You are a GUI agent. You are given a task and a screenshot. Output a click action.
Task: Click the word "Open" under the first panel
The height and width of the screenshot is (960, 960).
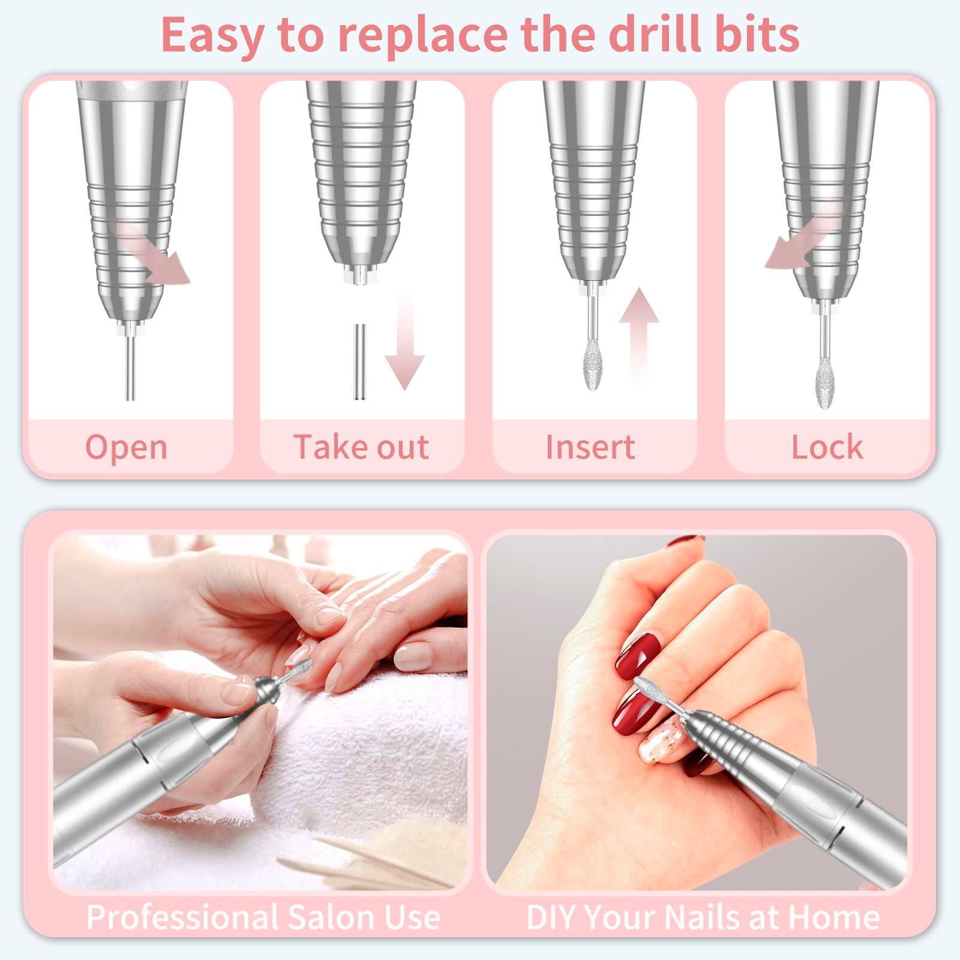[x=126, y=448]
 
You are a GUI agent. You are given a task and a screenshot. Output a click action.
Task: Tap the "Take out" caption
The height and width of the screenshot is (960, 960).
[x=361, y=447]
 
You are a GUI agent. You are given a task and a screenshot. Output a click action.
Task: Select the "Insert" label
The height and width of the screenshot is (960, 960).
[x=590, y=447]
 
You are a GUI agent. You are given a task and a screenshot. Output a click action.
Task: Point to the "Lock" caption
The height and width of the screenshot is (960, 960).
[x=827, y=447]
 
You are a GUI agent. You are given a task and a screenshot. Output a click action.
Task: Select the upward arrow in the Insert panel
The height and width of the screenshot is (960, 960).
[x=639, y=330]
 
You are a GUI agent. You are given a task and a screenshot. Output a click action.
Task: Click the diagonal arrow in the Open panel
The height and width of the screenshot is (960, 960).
[x=153, y=252]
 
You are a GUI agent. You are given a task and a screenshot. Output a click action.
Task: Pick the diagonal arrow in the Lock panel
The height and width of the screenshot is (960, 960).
[x=801, y=237]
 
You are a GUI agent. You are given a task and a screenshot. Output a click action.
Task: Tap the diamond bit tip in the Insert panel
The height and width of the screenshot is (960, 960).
[x=593, y=364]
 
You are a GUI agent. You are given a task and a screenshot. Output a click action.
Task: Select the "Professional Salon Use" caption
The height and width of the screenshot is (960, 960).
[x=263, y=917]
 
